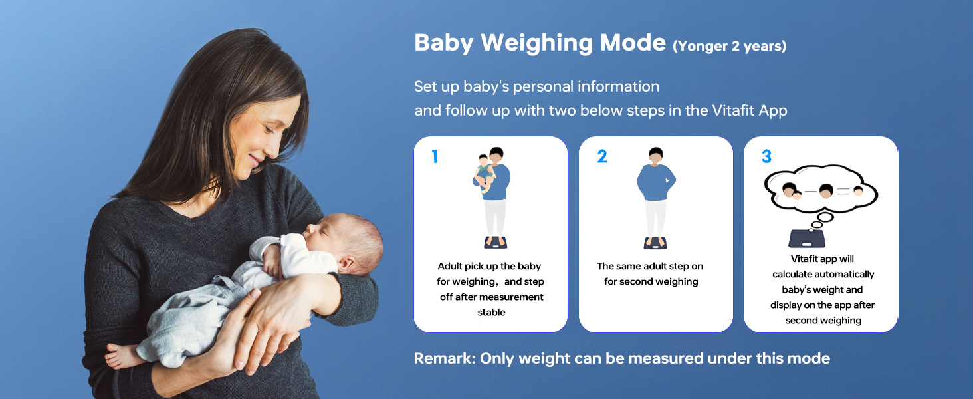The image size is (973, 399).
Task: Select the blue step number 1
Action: (x=435, y=156)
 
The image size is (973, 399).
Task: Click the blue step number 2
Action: (x=602, y=156)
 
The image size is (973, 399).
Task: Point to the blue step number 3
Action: (x=767, y=156)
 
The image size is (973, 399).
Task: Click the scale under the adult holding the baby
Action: (x=496, y=243)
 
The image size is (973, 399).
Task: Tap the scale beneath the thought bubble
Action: (x=807, y=238)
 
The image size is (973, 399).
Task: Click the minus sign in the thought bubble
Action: (x=811, y=192)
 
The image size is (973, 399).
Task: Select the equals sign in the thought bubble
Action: (x=843, y=192)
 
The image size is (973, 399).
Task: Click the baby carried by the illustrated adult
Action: (x=485, y=173)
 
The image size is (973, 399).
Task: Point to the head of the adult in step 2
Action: (x=655, y=156)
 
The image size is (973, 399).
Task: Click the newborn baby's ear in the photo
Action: (x=346, y=263)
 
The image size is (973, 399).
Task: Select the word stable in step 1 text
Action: (x=491, y=312)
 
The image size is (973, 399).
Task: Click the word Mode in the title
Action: (x=633, y=43)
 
